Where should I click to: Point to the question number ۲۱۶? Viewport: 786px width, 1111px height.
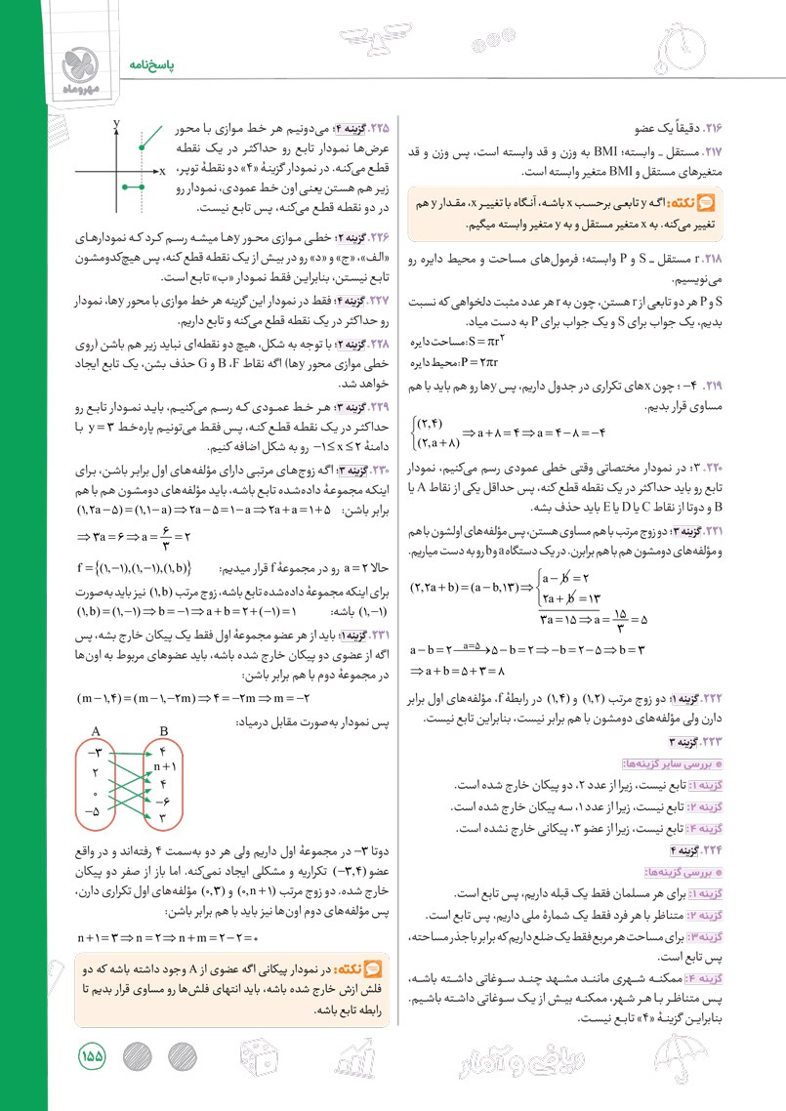719,126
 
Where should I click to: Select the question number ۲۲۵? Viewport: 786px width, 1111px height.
376,128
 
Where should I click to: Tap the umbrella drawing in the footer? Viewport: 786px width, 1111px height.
683,1059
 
